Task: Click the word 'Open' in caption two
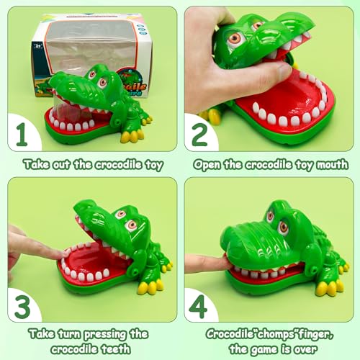(x=209, y=164)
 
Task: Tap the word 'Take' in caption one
(x=36, y=164)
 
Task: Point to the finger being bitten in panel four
(x=205, y=262)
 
